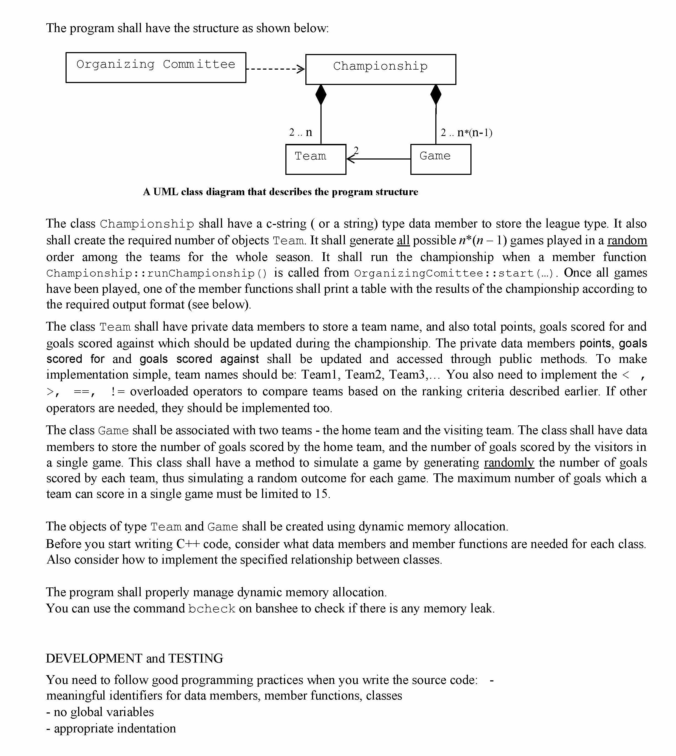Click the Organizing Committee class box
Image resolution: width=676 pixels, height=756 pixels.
(156, 68)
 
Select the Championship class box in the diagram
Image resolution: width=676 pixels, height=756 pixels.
(380, 69)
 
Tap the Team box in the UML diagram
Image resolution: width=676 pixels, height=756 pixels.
(315, 159)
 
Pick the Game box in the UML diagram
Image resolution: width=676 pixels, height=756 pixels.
(441, 159)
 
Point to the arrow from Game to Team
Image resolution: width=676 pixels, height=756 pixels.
(379, 159)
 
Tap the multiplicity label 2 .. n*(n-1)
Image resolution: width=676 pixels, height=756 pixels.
(466, 133)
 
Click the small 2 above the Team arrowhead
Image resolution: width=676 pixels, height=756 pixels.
(356, 150)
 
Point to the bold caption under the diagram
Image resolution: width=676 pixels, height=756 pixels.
(280, 192)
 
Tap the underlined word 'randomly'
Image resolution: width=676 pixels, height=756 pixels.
(509, 463)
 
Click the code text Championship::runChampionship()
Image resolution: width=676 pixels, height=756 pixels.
(156, 274)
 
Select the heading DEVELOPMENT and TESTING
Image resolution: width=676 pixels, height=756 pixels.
(134, 658)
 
